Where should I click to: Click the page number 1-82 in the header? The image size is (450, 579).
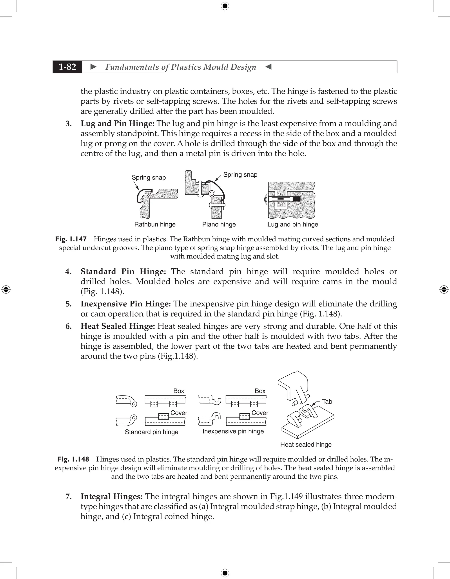(x=67, y=67)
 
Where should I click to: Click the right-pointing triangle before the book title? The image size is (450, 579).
(x=93, y=67)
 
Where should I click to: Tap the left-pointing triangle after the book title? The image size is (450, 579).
(x=268, y=67)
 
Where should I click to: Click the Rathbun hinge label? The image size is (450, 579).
(x=155, y=224)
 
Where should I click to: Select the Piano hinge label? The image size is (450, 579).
(x=219, y=224)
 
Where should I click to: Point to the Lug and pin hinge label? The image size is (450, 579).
(x=292, y=224)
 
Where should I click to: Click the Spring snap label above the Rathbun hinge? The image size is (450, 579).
(x=149, y=178)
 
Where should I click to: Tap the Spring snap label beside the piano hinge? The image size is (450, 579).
(x=240, y=175)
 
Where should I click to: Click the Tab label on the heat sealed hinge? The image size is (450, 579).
(x=327, y=402)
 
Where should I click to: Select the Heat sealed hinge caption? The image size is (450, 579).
(x=306, y=445)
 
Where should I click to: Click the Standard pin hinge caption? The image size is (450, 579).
(x=151, y=432)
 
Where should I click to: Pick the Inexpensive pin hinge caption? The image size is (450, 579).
(x=233, y=431)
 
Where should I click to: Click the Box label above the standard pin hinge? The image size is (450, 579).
(x=178, y=391)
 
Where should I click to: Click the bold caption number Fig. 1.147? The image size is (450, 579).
(x=71, y=239)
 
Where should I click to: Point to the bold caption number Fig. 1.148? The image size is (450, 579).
(x=73, y=459)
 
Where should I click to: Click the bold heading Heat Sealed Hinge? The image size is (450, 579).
(x=118, y=326)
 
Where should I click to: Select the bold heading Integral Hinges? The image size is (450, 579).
(x=112, y=497)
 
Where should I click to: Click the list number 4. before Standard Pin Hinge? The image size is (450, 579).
(x=68, y=272)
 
